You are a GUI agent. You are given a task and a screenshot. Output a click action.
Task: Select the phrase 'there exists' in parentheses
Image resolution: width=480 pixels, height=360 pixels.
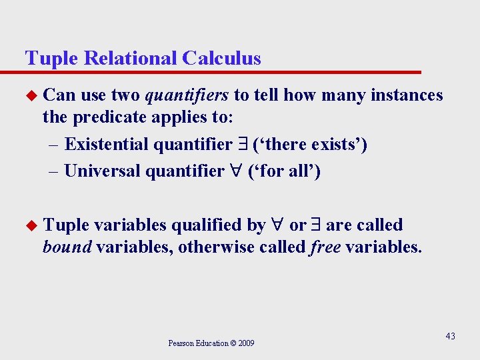tap(310, 144)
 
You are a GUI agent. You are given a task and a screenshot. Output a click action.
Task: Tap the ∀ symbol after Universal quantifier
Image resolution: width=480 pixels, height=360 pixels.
tap(236, 171)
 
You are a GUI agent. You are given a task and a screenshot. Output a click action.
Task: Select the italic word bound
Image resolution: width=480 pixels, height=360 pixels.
tap(67, 248)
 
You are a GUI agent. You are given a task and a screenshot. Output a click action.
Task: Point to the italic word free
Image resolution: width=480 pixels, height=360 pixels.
tap(326, 248)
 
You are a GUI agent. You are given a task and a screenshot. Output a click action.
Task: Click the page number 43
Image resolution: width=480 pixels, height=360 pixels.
tap(450, 336)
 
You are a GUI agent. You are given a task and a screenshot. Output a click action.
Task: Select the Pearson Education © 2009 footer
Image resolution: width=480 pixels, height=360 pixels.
tap(211, 343)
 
